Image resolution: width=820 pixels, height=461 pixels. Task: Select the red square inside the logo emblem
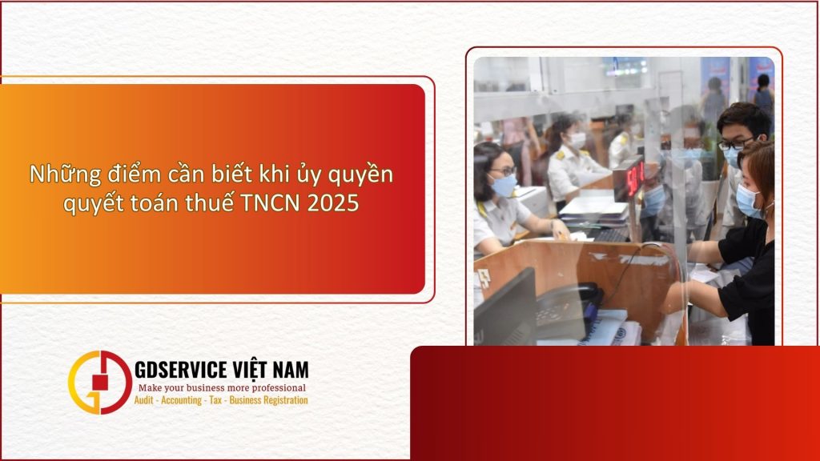(98, 382)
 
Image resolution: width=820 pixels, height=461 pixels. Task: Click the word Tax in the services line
(215, 400)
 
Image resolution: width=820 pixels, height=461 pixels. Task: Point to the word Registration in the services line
(280, 400)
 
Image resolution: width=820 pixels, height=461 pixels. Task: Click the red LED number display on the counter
(634, 178)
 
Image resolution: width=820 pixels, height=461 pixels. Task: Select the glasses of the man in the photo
(736, 144)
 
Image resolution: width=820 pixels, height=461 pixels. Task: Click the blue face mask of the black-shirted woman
(748, 201)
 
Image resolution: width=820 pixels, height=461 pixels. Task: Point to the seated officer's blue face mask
(503, 185)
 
